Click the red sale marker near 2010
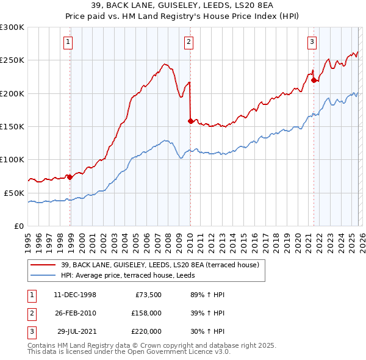pyautogui.click(x=190, y=121)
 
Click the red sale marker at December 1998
pyautogui.click(x=70, y=177)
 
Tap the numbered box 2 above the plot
pyautogui.click(x=188, y=42)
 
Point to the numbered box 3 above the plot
pyautogui.click(x=312, y=42)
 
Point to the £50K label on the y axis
pyautogui.click(x=14, y=193)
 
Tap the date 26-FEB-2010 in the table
pyautogui.click(x=75, y=312)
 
